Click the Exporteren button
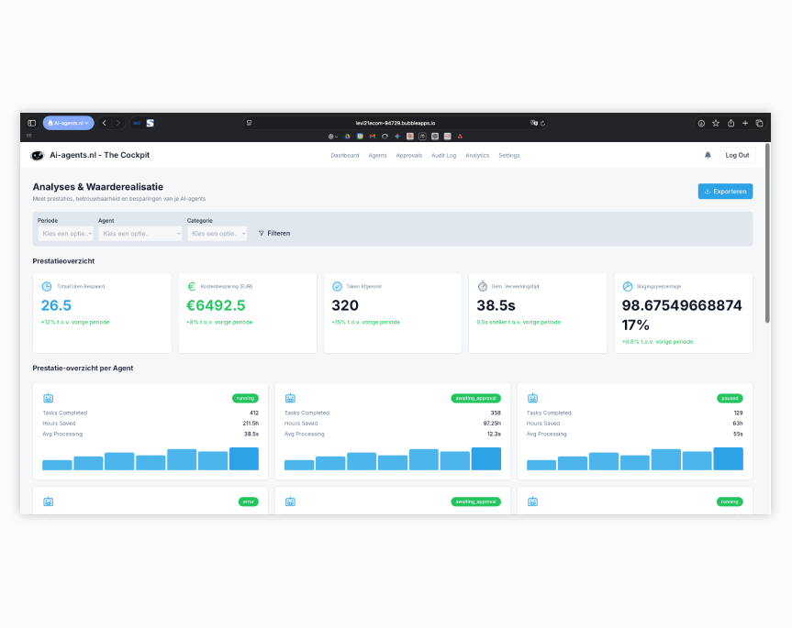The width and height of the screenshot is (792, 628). coord(725,192)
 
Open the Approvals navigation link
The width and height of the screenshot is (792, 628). coord(409,156)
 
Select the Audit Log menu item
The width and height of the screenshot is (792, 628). coord(444,156)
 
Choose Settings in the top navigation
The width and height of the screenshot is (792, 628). coord(509,156)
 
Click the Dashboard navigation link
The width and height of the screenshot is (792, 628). coord(345,156)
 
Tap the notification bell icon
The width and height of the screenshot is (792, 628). coord(708,155)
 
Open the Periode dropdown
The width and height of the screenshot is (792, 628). coord(65,234)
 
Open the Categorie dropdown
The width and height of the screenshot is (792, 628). coord(218,234)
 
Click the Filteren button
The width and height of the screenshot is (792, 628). coord(274,234)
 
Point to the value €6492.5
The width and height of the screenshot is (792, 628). coord(216,305)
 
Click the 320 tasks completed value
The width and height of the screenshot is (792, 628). coord(345,305)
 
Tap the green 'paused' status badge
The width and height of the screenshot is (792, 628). coord(730,398)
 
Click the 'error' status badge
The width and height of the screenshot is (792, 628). coord(248,501)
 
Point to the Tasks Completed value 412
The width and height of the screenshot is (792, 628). coord(253,413)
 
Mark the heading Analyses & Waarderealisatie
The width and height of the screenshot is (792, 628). coord(98,186)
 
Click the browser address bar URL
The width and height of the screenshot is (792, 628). coord(396,122)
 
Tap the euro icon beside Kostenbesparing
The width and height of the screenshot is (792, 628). coord(192,286)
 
